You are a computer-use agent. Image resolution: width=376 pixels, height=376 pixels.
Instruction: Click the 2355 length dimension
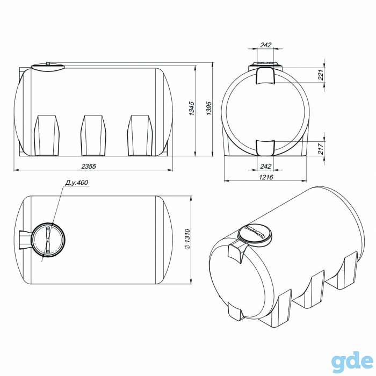89,166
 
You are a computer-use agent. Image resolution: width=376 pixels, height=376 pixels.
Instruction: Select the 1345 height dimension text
192,109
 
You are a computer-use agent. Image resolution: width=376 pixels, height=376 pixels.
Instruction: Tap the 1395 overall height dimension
209,108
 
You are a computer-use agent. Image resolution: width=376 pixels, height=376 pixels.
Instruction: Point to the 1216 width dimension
266,177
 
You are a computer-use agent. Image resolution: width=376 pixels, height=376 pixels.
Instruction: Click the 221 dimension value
321,74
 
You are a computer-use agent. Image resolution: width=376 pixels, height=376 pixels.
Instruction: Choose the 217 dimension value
321,149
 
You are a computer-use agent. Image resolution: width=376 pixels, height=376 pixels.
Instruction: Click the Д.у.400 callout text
76,183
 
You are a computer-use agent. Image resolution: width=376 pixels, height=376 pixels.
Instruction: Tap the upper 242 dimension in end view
266,45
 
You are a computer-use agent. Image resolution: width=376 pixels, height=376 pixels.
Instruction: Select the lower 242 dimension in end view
266,166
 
